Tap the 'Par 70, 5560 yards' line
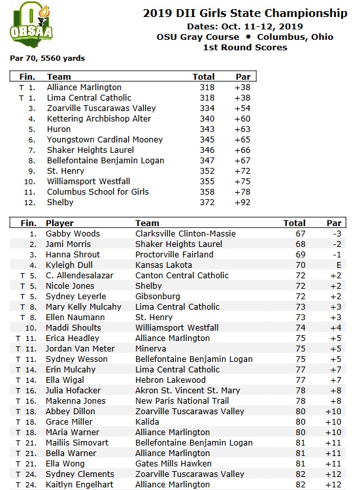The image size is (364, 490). click(47, 58)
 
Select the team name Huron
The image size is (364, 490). click(59, 129)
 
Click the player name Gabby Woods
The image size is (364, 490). click(73, 233)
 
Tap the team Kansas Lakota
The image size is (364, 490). click(163, 265)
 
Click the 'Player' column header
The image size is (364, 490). click(59, 223)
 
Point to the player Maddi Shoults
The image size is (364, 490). click(73, 327)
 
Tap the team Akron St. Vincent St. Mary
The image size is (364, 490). click(188, 390)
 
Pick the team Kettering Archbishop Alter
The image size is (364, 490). click(99, 118)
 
